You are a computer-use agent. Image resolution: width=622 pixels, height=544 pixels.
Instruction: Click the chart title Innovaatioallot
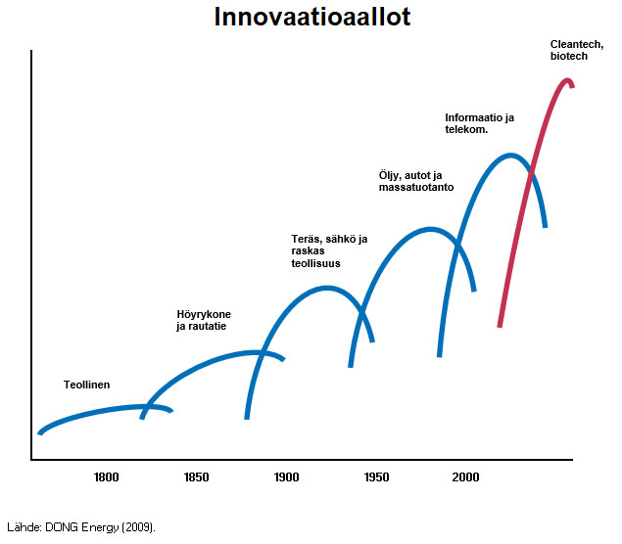(311, 18)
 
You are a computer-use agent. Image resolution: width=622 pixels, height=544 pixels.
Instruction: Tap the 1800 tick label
(106, 477)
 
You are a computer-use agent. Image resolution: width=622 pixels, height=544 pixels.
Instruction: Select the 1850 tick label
(196, 477)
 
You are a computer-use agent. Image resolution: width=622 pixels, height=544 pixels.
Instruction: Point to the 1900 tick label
(286, 477)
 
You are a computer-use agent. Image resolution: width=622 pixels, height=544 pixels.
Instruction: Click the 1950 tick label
(376, 477)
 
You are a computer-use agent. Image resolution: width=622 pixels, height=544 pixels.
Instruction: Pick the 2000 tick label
(465, 477)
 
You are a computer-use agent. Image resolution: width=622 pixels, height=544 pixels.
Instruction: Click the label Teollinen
(87, 385)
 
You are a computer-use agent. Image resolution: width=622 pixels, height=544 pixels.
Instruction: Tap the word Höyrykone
(204, 314)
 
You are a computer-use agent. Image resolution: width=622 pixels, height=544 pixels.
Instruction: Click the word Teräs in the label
(307, 240)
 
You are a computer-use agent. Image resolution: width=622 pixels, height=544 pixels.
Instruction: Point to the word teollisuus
(314, 263)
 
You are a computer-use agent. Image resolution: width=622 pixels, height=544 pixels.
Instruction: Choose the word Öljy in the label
(390, 175)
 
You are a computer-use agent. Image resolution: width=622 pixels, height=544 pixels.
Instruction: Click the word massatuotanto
(415, 187)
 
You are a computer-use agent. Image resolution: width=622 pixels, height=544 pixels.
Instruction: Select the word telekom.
(465, 129)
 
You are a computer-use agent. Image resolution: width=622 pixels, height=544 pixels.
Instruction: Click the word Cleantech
(576, 45)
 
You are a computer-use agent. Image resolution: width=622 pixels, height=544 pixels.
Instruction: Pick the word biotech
(568, 57)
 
